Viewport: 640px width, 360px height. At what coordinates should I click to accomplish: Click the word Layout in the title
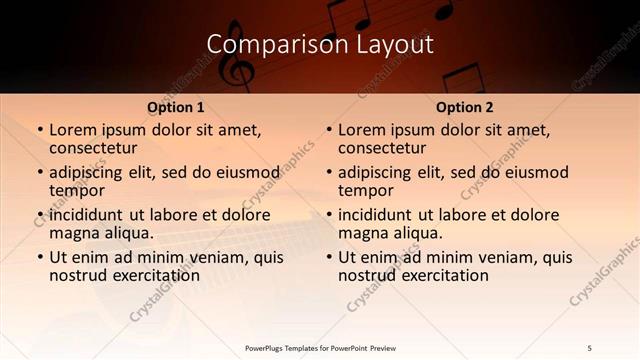(398, 44)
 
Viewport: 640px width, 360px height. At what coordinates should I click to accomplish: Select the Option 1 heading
(176, 107)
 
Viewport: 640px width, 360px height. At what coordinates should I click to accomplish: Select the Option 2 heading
(465, 107)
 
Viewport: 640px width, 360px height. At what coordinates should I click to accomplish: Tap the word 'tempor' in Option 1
(75, 189)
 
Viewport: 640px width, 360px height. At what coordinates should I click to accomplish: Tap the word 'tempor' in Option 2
(364, 189)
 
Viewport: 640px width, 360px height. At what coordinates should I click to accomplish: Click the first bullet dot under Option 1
(39, 131)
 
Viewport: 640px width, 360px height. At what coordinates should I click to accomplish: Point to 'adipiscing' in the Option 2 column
(376, 172)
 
